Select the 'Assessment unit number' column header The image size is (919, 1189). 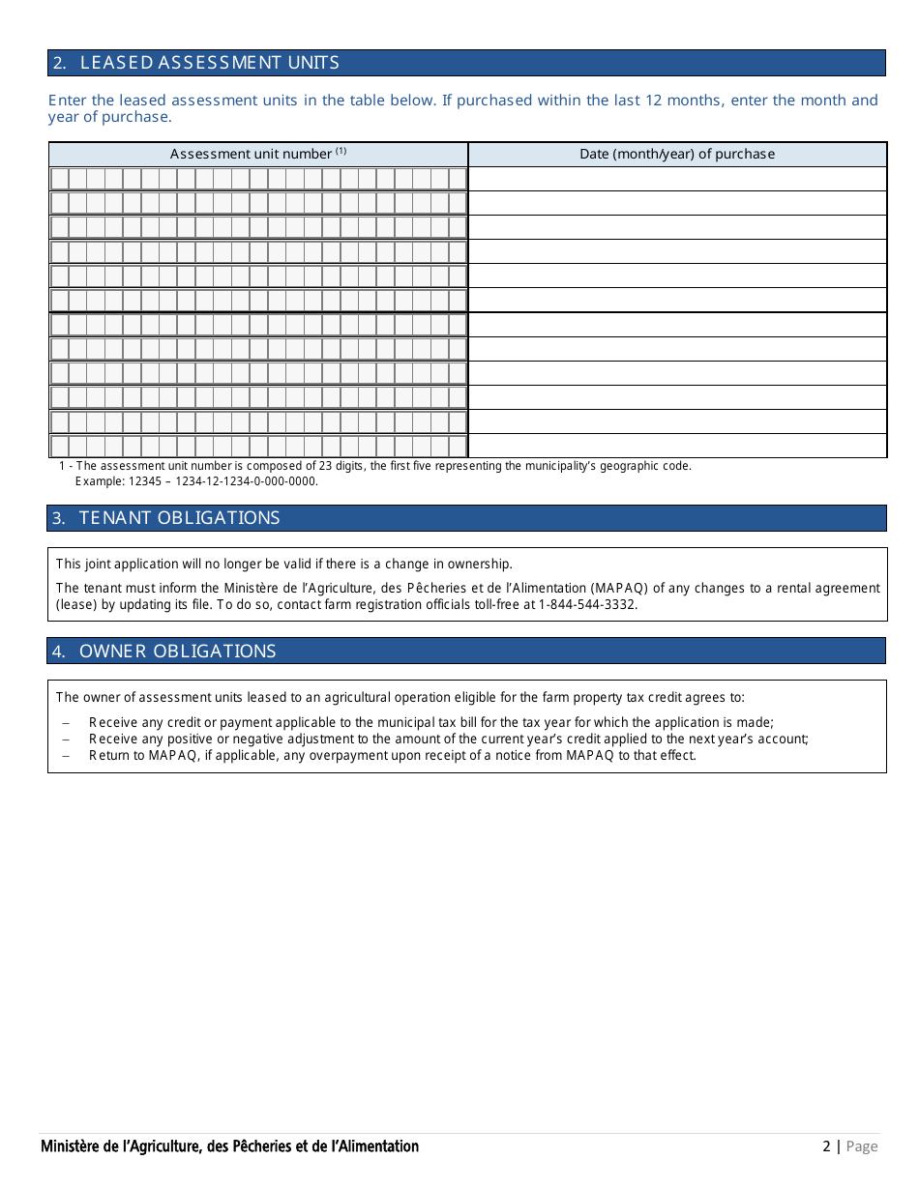[251, 154]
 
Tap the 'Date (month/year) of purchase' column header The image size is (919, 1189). [677, 154]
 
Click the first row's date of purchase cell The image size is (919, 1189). [677, 179]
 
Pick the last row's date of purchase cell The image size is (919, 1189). [677, 446]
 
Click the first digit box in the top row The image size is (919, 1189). [60, 179]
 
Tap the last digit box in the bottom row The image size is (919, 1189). [458, 446]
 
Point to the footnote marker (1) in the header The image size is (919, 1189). [341, 151]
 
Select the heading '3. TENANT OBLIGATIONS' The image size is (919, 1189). [165, 518]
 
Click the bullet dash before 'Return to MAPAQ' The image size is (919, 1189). [66, 756]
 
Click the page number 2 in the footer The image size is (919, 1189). [826, 1146]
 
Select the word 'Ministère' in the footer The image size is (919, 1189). [68, 1146]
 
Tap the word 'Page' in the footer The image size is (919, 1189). [862, 1146]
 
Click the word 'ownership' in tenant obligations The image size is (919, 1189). [479, 565]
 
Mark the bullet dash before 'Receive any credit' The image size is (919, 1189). [66, 723]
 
